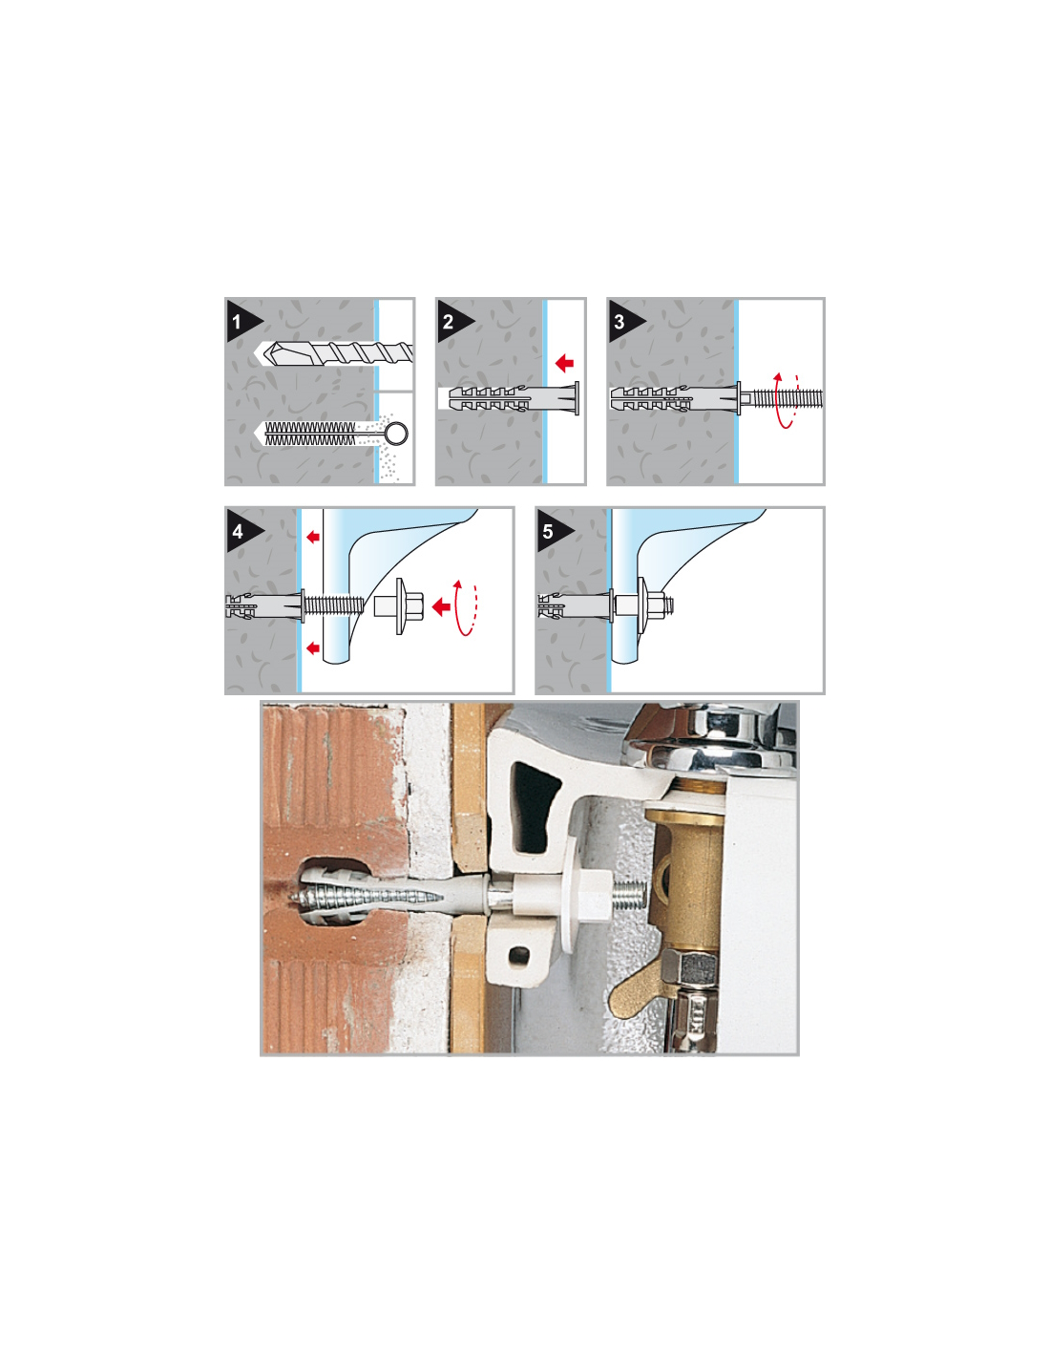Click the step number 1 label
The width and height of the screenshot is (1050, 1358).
pyautogui.click(x=236, y=322)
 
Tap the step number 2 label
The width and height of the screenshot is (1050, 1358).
pyautogui.click(x=448, y=322)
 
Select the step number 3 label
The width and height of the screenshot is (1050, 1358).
pyautogui.click(x=619, y=322)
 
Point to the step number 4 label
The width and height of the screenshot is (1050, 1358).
pyautogui.click(x=237, y=531)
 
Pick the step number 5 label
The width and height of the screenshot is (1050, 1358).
pyautogui.click(x=547, y=531)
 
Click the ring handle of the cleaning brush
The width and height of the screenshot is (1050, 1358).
pyautogui.click(x=397, y=433)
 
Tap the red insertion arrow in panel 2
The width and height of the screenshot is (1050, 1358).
pyautogui.click(x=565, y=362)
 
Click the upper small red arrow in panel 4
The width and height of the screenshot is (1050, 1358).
pyautogui.click(x=313, y=536)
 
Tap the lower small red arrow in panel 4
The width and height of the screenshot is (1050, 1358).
pyautogui.click(x=313, y=648)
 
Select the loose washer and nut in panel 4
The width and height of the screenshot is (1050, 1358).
pyautogui.click(x=400, y=605)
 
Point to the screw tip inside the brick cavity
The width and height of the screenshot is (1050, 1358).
pyautogui.click(x=295, y=900)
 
